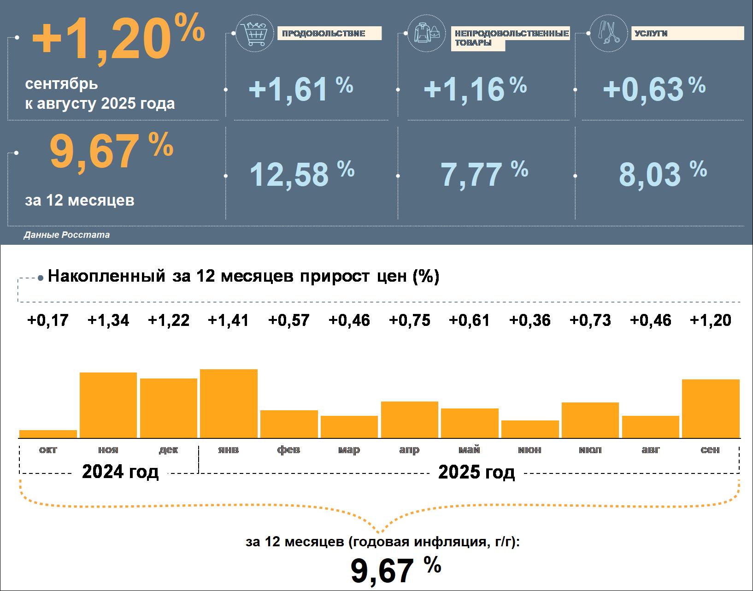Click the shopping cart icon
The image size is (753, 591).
point(251,34)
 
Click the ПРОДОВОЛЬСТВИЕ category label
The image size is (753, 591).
point(324,34)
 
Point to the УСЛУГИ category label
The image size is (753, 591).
point(651,34)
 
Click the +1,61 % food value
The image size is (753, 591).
point(300,89)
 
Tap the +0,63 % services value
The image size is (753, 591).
point(653,89)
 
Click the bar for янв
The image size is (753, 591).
point(229,403)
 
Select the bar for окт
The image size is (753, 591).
point(48,434)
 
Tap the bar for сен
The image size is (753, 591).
point(710,408)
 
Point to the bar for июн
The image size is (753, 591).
point(530,429)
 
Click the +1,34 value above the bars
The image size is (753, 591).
point(108,320)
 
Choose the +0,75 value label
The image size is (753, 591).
point(410,320)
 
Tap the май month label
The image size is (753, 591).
point(470,449)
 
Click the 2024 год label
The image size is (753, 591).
point(120,472)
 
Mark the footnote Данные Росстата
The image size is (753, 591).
point(67,235)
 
